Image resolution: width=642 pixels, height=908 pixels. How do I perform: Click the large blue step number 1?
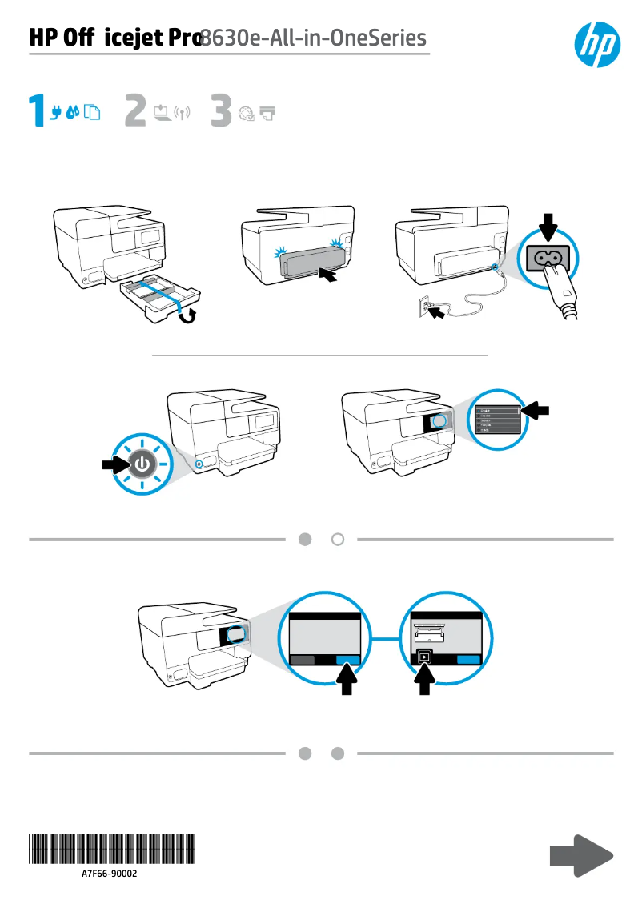[x=38, y=111]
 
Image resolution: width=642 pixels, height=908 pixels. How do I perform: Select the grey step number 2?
[x=135, y=111]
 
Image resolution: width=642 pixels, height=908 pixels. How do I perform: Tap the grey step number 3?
[x=221, y=111]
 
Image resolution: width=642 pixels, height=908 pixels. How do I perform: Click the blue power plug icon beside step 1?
[x=56, y=113]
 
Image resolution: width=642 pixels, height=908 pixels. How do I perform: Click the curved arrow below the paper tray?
[x=189, y=315]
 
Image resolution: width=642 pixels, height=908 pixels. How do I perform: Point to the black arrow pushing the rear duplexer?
[x=332, y=278]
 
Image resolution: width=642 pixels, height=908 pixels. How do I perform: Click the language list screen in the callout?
[x=496, y=418]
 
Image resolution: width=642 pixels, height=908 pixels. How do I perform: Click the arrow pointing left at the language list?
[x=536, y=410]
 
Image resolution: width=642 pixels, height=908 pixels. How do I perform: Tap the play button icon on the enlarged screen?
[x=424, y=656]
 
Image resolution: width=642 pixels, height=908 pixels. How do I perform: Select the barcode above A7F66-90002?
[x=111, y=848]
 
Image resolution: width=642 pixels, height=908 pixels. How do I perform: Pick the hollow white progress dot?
[x=338, y=540]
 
